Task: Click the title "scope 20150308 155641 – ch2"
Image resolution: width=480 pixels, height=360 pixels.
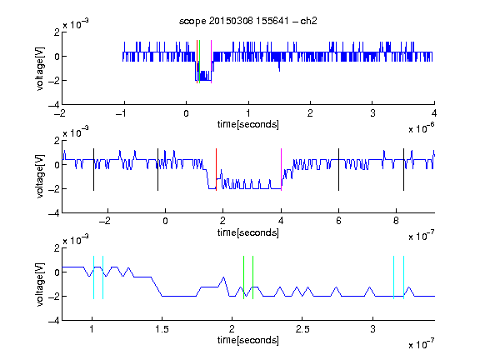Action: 248,21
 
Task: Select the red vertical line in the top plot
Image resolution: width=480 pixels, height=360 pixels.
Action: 197,62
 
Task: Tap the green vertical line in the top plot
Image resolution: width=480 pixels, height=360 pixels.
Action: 200,62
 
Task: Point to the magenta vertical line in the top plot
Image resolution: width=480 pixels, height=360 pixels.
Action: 211,62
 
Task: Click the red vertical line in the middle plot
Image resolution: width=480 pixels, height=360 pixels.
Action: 216,170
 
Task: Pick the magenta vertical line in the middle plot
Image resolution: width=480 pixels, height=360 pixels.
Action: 281,170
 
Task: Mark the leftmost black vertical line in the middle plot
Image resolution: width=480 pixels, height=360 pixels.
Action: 93,170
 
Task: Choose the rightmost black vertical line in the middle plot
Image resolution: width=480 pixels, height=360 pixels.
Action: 403,170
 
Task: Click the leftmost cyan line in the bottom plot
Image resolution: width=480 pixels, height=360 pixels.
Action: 93,277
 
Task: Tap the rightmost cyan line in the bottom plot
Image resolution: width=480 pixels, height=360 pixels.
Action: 403,277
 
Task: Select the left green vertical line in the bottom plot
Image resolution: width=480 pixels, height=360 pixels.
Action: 243,277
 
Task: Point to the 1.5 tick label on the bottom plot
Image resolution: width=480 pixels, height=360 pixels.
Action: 162,329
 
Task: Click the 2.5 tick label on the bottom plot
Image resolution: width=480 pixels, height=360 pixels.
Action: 302,329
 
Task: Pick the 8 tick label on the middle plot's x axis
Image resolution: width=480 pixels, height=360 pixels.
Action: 396,221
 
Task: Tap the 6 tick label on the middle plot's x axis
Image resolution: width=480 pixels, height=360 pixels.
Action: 338,221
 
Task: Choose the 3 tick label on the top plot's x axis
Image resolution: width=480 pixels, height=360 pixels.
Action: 372,113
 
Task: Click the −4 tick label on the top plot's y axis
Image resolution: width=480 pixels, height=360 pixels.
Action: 53,105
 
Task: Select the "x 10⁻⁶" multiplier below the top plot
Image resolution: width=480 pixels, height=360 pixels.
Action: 422,128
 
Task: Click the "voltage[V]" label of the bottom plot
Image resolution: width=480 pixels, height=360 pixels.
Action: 40,284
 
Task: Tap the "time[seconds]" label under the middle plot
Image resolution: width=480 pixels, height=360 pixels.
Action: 248,233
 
